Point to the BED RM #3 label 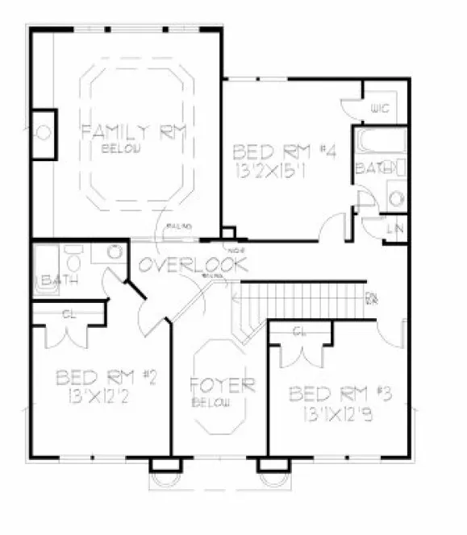tap(340, 394)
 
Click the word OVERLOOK tap(191, 264)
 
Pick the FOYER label tap(222, 384)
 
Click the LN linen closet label tap(396, 229)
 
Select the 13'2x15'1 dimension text tap(278, 170)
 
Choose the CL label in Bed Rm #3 tap(300, 332)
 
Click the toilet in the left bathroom tap(73, 263)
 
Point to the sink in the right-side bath tap(395, 197)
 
